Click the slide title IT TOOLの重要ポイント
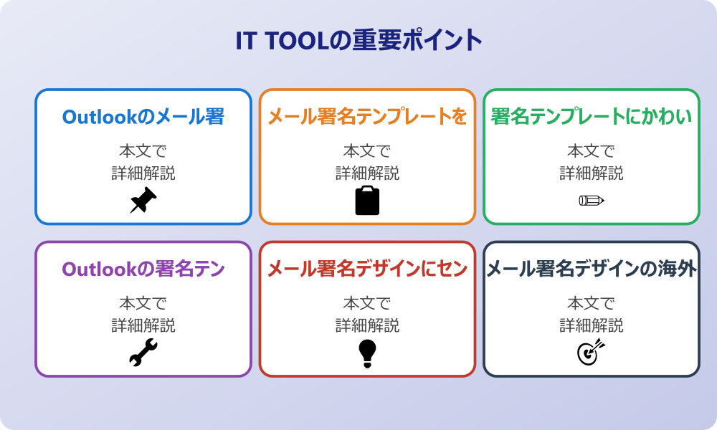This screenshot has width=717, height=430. pyautogui.click(x=358, y=40)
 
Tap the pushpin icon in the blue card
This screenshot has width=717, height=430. pyautogui.click(x=143, y=201)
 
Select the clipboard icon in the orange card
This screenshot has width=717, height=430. pyautogui.click(x=367, y=201)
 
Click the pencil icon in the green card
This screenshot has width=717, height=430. pyautogui.click(x=592, y=200)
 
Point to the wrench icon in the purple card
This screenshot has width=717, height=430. pyautogui.click(x=143, y=353)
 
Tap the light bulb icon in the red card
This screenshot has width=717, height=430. pyautogui.click(x=367, y=353)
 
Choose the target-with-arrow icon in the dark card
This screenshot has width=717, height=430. pyautogui.click(x=592, y=353)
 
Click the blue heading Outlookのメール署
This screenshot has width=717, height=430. pyautogui.click(x=143, y=117)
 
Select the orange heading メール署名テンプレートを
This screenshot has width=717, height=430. pyautogui.click(x=367, y=117)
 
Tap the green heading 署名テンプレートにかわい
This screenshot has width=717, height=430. pyautogui.click(x=592, y=117)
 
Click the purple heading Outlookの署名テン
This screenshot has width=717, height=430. pyautogui.click(x=143, y=269)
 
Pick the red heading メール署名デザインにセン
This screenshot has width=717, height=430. pyautogui.click(x=367, y=269)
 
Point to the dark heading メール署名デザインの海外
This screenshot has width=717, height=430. pyautogui.click(x=592, y=269)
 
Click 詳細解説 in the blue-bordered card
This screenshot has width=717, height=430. pyautogui.click(x=143, y=173)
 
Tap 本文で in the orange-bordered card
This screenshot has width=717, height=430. pyautogui.click(x=367, y=151)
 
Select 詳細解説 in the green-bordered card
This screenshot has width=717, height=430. pyautogui.click(x=592, y=173)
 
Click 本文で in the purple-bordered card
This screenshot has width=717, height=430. pyautogui.click(x=143, y=304)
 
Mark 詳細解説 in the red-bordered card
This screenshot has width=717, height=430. pyautogui.click(x=367, y=326)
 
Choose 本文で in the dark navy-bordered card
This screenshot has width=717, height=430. pyautogui.click(x=592, y=304)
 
